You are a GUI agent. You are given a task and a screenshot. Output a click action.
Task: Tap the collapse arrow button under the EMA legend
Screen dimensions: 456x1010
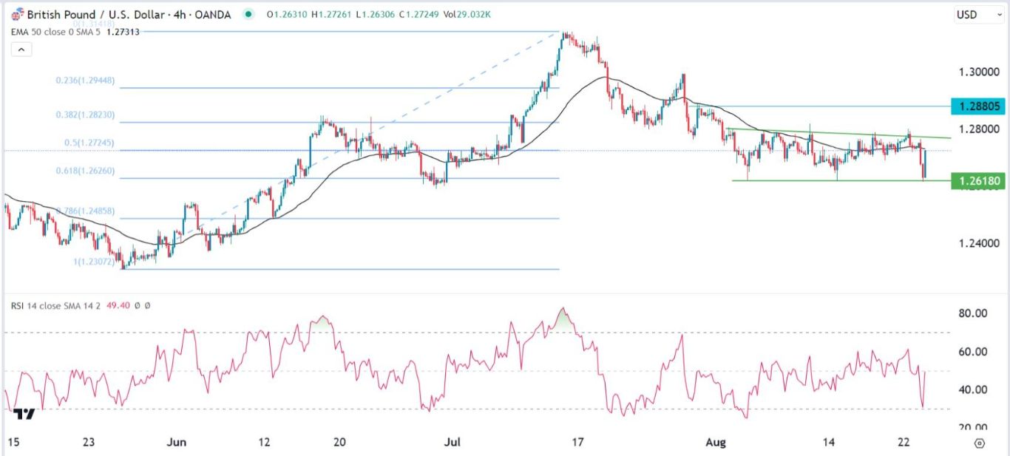click(x=21, y=50)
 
